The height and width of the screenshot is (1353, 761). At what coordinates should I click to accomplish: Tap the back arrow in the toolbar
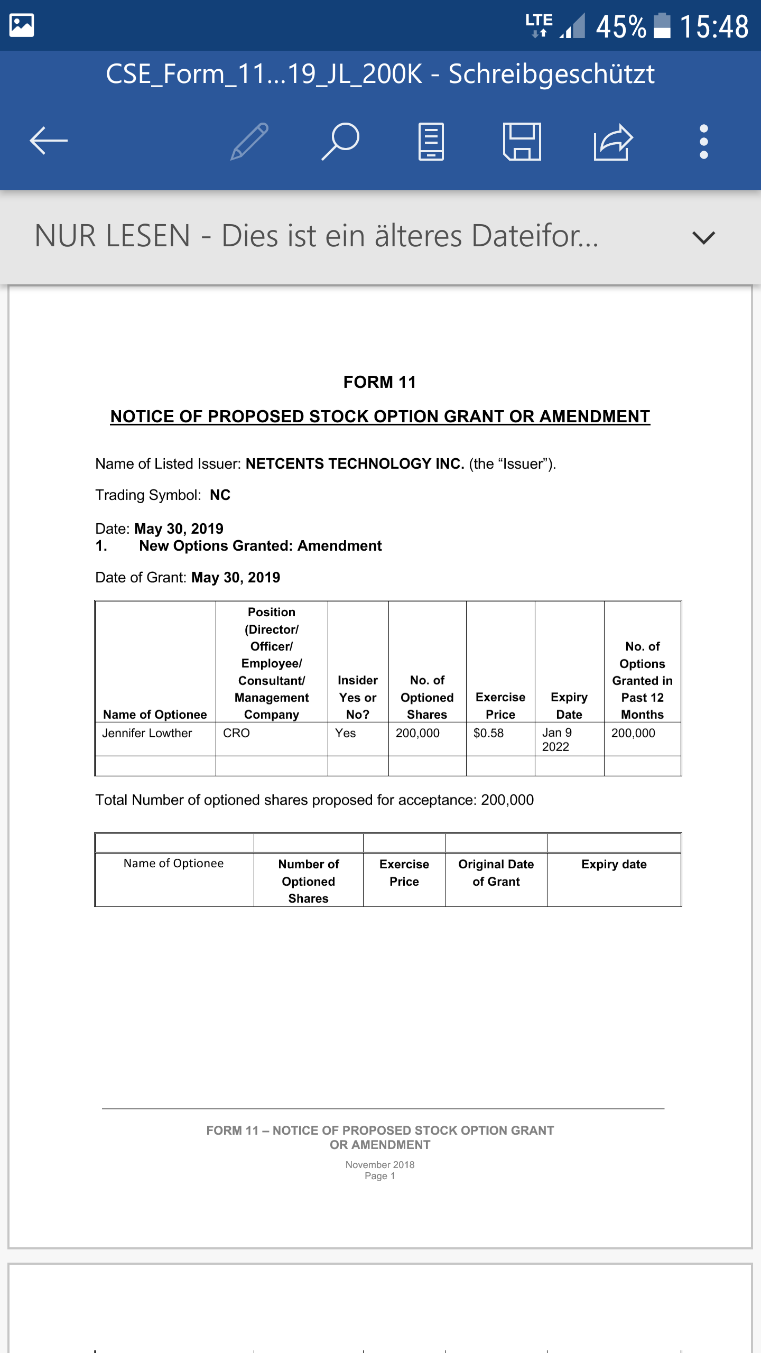[x=49, y=141]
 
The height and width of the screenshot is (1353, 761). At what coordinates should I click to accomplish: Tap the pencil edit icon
[x=249, y=141]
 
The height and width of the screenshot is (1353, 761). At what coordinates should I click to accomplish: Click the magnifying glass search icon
[x=341, y=141]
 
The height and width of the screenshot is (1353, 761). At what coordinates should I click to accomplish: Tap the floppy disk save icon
[x=522, y=141]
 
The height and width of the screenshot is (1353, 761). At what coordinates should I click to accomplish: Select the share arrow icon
[x=613, y=141]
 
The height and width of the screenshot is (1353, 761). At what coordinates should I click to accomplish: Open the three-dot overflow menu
[x=703, y=141]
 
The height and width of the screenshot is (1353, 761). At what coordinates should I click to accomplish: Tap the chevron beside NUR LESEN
[x=703, y=237]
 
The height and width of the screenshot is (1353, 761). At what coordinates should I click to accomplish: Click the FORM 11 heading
[x=379, y=382]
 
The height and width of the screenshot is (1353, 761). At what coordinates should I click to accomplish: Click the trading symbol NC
[x=220, y=495]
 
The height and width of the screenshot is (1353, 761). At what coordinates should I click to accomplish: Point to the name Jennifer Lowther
[x=147, y=733]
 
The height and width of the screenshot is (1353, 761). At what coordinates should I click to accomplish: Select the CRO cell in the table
[x=236, y=733]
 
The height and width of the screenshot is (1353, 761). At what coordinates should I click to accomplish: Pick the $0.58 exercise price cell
[x=488, y=733]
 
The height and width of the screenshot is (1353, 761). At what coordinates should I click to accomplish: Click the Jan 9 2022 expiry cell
[x=556, y=739]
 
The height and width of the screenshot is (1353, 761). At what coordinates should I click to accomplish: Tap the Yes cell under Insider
[x=346, y=733]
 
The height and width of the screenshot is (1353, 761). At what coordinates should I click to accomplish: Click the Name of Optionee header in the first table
[x=155, y=715]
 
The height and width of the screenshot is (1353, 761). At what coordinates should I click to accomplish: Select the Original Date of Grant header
[x=496, y=873]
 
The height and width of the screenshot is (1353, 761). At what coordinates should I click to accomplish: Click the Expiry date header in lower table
[x=614, y=864]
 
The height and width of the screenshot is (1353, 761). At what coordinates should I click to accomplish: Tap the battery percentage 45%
[x=621, y=26]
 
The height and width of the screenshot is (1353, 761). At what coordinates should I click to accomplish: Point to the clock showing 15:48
[x=714, y=26]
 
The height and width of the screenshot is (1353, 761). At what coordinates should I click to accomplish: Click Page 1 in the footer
[x=379, y=1176]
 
